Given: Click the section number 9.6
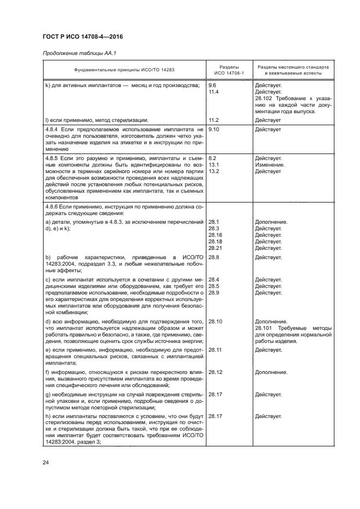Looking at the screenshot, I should click(x=212, y=85).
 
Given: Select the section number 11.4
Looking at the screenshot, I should click(x=213, y=92).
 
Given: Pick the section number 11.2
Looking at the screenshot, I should click(x=213, y=119).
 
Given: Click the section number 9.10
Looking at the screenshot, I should click(x=213, y=130).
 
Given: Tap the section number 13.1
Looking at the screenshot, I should click(x=213, y=164).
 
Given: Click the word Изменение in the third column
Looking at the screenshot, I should click(x=270, y=164).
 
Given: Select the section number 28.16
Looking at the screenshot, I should click(x=215, y=235).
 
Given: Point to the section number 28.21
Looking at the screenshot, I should click(x=215, y=248).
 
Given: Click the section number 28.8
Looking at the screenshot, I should click(x=213, y=256).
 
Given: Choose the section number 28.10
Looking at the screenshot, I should click(x=215, y=321).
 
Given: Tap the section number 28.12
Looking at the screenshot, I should click(x=215, y=372).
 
